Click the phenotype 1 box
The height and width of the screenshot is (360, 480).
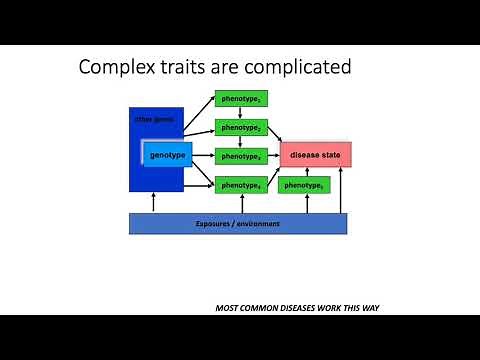click(241, 100)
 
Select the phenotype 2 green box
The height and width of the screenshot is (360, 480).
click(241, 128)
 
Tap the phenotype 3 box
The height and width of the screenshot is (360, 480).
click(241, 156)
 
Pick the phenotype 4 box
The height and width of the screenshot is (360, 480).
click(241, 185)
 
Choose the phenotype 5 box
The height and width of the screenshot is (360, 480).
click(303, 185)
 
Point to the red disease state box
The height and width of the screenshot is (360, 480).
click(315, 155)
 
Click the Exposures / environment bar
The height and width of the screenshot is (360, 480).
click(238, 224)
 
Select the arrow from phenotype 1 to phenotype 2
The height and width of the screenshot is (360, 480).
click(241, 114)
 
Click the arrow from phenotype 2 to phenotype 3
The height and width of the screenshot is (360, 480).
click(241, 142)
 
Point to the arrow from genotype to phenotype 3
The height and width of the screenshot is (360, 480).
click(203, 156)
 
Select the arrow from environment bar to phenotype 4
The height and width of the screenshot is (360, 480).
click(241, 203)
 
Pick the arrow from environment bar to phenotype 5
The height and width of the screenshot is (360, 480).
click(303, 203)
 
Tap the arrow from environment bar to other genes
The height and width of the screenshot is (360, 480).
click(153, 203)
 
